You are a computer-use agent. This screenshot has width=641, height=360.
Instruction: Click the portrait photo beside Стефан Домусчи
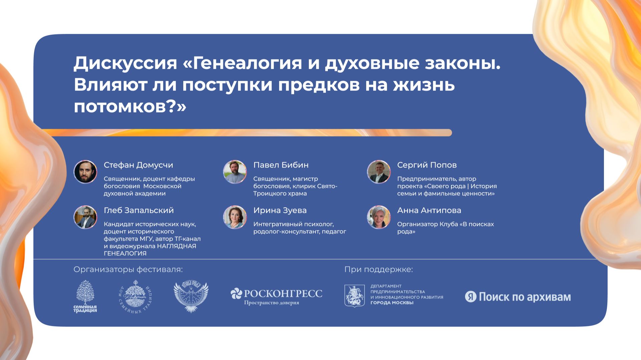tap(85, 172)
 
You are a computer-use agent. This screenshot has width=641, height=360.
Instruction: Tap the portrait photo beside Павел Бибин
tap(235, 172)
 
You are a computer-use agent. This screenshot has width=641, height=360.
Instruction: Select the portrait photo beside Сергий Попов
tap(379, 172)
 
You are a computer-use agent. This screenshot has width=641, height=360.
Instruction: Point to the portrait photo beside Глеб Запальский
tap(85, 217)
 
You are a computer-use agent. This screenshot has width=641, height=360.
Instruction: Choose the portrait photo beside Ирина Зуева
tap(235, 217)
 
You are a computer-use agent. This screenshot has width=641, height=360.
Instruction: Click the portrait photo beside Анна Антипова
tap(379, 217)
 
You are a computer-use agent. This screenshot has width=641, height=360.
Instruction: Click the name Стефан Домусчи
tap(138, 165)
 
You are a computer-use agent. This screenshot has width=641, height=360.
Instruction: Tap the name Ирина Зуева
tap(280, 211)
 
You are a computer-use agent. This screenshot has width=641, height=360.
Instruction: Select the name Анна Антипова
tap(429, 211)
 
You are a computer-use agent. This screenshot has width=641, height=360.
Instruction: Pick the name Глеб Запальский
tap(139, 211)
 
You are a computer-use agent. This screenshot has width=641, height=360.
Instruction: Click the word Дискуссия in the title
tap(125, 63)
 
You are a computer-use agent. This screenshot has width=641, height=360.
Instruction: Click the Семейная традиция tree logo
tap(85, 296)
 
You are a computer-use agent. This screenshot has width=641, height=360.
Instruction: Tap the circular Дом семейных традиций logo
tap(135, 297)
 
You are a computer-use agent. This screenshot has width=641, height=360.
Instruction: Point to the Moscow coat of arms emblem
tap(354, 296)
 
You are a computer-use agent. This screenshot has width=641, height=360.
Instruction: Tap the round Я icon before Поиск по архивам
tap(470, 297)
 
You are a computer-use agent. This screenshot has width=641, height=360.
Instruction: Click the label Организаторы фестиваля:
tap(128, 270)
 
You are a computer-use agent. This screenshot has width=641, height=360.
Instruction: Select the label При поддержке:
tap(379, 270)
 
